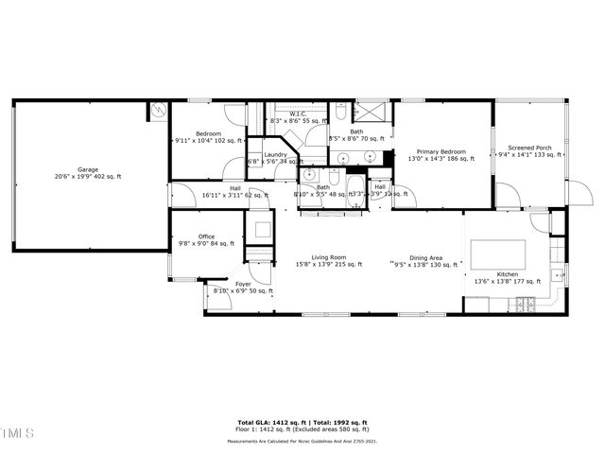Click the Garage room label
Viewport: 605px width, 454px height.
[87, 169]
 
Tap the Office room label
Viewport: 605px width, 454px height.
[206, 236]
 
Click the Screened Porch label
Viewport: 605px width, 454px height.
[530, 148]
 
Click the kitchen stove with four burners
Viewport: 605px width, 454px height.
[525, 303]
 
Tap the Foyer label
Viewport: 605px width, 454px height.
[243, 284]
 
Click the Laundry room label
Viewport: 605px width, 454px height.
[275, 154]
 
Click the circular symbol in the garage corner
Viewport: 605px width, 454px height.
[158, 111]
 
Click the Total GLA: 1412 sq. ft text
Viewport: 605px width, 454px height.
[268, 422]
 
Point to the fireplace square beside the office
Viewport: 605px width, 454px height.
[258, 230]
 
